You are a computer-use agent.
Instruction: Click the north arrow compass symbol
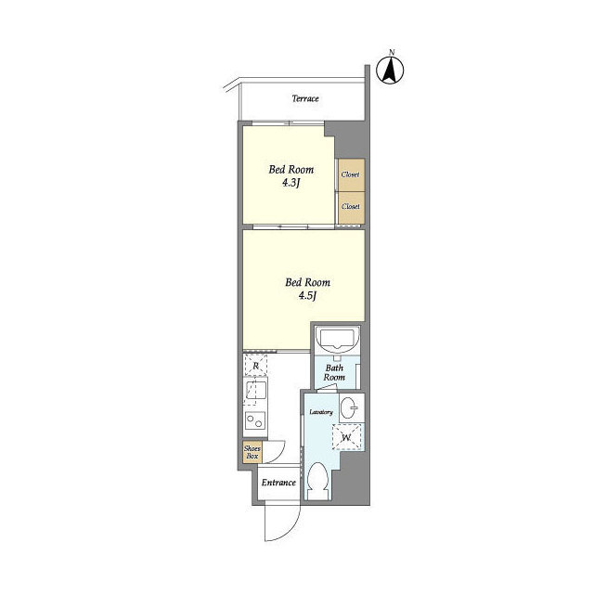[x=390, y=71]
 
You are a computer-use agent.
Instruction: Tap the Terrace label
[x=305, y=98]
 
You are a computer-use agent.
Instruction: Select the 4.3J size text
[x=291, y=184]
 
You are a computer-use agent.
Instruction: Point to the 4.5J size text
[x=307, y=296]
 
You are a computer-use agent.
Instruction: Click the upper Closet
[x=352, y=175]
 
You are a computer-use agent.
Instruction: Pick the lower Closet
[x=352, y=207]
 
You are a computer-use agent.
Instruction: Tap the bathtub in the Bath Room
[x=337, y=340]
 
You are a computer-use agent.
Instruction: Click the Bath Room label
[x=334, y=372]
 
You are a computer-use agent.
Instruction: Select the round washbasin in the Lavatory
[x=349, y=408]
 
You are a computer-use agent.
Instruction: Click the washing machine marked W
[x=346, y=437]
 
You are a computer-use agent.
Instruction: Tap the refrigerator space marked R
[x=256, y=365]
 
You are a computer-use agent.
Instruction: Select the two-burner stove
[x=255, y=420]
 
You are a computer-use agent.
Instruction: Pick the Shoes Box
[x=252, y=452]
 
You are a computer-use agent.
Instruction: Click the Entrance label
[x=278, y=483]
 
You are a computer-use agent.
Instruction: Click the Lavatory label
[x=321, y=412]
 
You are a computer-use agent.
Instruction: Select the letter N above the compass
[x=392, y=52]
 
